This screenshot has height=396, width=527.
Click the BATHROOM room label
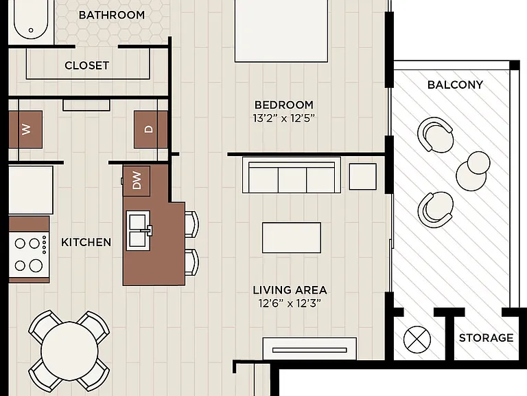point(112,15)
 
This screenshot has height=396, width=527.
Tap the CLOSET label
point(86,65)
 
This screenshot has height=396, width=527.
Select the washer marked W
point(25,129)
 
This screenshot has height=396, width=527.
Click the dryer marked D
point(150,129)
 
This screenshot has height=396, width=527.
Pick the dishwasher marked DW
point(137,181)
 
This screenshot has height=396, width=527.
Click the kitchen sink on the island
point(139,231)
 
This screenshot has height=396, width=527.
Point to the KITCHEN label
point(86,242)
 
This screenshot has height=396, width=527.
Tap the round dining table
point(69,351)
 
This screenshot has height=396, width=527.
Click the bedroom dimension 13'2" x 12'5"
point(283,118)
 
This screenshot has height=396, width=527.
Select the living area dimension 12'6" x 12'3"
point(290,303)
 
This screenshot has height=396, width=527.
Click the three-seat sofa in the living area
point(292,175)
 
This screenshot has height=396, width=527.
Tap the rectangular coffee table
point(292,237)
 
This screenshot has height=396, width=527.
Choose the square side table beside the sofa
point(362,177)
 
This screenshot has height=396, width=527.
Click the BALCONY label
point(455,85)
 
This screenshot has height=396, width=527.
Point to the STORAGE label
point(486,338)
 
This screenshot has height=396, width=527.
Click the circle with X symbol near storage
point(417,340)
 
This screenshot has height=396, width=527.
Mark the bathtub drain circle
point(31,30)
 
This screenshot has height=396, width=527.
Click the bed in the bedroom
point(281,31)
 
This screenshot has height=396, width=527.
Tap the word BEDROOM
point(284,105)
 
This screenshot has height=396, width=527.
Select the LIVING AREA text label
point(290,290)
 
